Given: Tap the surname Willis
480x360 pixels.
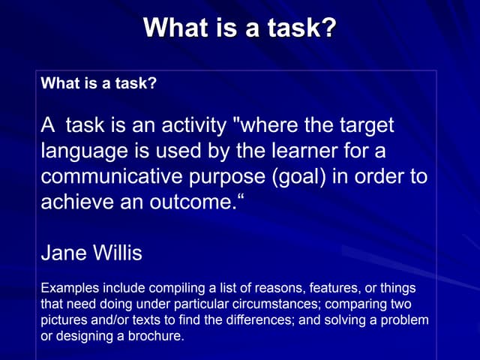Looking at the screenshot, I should [x=117, y=253].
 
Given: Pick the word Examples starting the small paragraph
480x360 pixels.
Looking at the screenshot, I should [x=68, y=288].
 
